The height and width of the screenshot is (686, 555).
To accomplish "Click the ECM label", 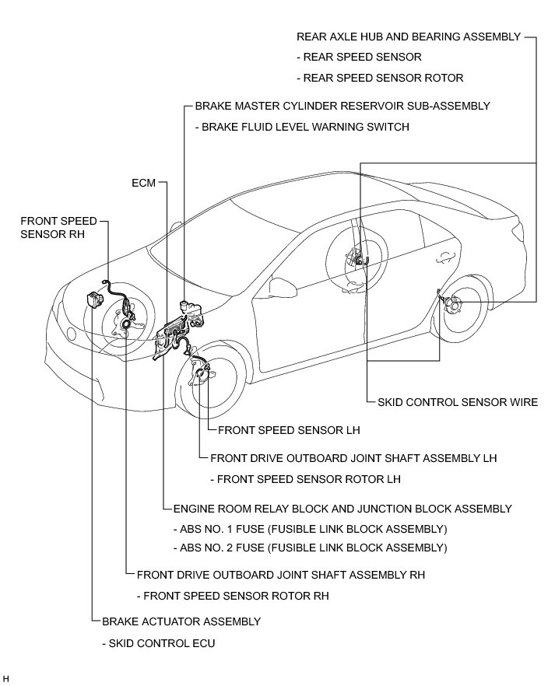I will coord(143,184).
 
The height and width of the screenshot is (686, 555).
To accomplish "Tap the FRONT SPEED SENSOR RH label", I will coord(58,227).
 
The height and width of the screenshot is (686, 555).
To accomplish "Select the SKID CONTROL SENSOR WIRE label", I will coord(457,402).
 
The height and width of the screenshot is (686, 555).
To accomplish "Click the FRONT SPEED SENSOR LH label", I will coord(289,429).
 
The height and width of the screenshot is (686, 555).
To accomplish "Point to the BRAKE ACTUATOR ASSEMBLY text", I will coord(181,621).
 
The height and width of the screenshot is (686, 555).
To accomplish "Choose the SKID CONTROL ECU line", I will coord(158,643).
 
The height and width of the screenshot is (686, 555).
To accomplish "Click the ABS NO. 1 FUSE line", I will coord(310,529).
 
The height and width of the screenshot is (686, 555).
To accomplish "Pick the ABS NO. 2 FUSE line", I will coord(310,548).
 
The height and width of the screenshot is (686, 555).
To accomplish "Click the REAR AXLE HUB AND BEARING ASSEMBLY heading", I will coord(408,37).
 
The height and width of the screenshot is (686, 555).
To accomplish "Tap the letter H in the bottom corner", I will coord(6,679).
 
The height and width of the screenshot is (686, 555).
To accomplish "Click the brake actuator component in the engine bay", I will coord(97,299).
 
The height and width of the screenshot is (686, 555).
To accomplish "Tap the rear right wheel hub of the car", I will coord(451,306).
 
